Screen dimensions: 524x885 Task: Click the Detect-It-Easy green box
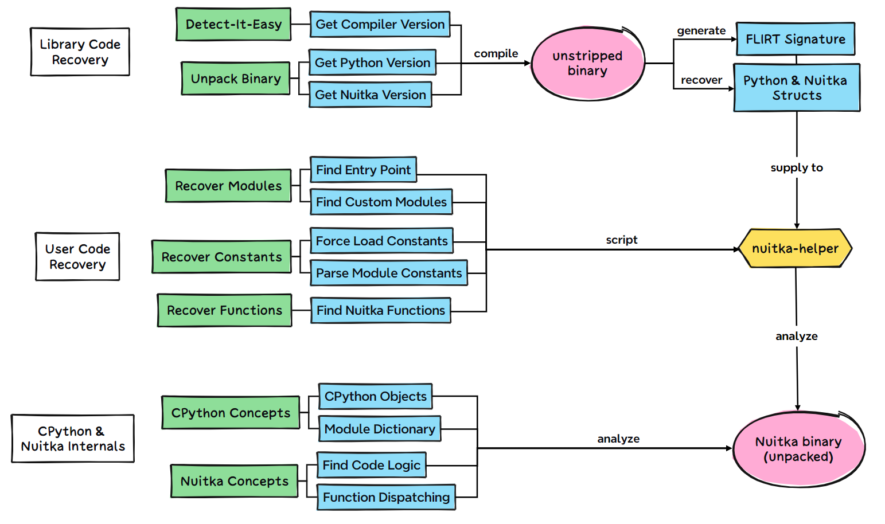click(233, 24)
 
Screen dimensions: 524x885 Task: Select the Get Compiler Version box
click(380, 24)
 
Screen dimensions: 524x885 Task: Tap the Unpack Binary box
click(236, 79)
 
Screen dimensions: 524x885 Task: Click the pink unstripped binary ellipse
click(587, 63)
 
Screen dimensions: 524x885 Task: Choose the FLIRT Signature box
click(796, 39)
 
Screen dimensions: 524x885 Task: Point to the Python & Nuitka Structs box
click(796, 88)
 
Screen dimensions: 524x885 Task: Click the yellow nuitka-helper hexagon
click(795, 248)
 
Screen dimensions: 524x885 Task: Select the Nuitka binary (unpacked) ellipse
click(798, 449)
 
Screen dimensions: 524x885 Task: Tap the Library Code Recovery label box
click(80, 52)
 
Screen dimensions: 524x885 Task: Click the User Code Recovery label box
click(77, 256)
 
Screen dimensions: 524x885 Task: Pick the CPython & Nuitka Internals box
click(73, 439)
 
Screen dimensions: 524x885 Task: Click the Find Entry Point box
click(363, 170)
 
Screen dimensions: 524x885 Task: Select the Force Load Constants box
click(381, 241)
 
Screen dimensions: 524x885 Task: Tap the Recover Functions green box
click(224, 310)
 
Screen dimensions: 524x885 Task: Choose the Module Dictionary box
click(379, 429)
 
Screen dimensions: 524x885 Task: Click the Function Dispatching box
click(386, 497)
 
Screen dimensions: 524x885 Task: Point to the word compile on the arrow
click(496, 53)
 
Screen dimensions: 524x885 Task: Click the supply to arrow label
click(796, 167)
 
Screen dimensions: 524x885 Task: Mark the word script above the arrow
click(621, 240)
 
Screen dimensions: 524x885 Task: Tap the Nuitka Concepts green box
click(234, 481)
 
